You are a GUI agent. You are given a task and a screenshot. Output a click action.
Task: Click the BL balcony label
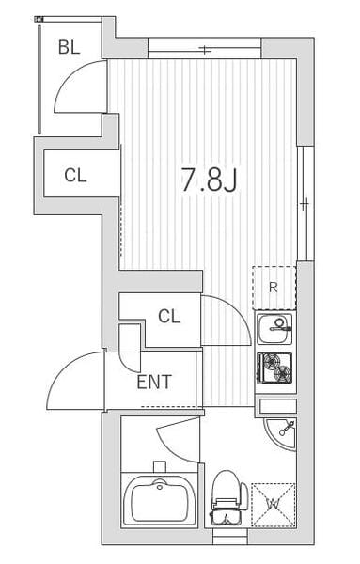[x=69, y=47]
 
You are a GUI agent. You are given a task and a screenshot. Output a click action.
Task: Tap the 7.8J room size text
[x=209, y=180]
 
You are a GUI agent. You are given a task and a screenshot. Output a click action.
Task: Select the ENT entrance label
[x=154, y=382]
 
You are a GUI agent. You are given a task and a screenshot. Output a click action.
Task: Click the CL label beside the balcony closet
[x=75, y=176]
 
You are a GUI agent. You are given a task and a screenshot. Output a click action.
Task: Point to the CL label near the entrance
[x=169, y=317]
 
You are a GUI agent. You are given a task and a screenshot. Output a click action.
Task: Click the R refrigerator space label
[x=274, y=288]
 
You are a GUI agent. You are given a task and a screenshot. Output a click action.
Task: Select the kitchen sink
[x=274, y=328]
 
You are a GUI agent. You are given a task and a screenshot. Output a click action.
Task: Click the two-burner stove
[x=274, y=368]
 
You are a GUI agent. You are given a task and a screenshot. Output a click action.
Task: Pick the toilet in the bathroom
[x=227, y=497]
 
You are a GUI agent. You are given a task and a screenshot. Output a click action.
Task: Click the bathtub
[x=159, y=500]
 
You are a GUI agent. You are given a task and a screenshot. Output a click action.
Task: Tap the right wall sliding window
[x=305, y=203]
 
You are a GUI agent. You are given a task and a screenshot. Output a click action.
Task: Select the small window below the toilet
[x=230, y=537]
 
